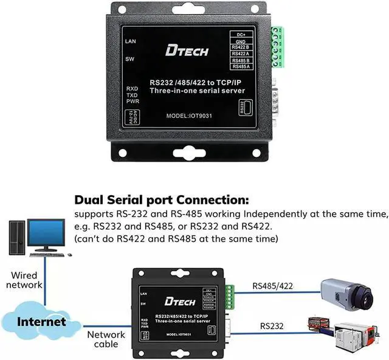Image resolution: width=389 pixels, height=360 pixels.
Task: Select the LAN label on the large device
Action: (129, 41)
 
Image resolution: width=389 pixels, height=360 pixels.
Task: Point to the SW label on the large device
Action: (129, 59)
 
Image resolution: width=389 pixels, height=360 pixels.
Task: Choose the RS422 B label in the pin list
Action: (241, 47)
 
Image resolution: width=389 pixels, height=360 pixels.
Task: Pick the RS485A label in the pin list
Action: (241, 66)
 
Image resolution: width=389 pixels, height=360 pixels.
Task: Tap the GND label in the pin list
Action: (241, 40)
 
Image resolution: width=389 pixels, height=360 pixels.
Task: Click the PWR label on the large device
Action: (133, 102)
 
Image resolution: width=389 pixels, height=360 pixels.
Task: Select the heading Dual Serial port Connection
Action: (161, 200)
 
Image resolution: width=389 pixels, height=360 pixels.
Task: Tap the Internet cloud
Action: (41, 321)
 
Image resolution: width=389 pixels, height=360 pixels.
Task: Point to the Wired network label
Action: (24, 280)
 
